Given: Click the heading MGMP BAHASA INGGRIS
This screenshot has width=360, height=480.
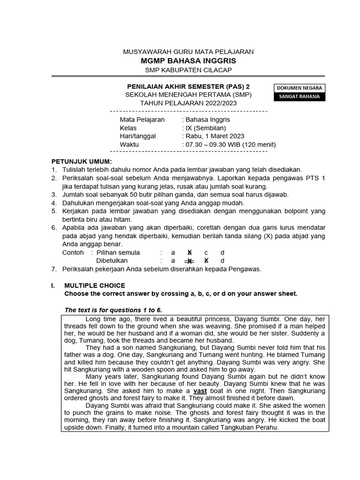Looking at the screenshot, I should tap(188, 61).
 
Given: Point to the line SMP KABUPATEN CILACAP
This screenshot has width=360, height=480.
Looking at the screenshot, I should tap(188, 70).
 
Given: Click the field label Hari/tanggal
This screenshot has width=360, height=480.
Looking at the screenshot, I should tap(138, 136).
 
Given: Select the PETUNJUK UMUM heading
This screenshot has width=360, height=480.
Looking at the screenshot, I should tap(82, 161).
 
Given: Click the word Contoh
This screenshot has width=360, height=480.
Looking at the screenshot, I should tap(73, 252).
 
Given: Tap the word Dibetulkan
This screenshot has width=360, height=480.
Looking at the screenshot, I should tap(112, 261).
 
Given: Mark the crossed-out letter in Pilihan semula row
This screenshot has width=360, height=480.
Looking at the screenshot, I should tap(189, 252).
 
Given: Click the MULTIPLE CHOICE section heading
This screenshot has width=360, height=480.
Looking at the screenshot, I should tap(95, 285).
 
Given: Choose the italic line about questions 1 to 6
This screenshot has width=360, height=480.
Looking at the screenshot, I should tap(113, 310).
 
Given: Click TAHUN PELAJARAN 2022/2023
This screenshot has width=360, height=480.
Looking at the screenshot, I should tap(188, 103).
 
